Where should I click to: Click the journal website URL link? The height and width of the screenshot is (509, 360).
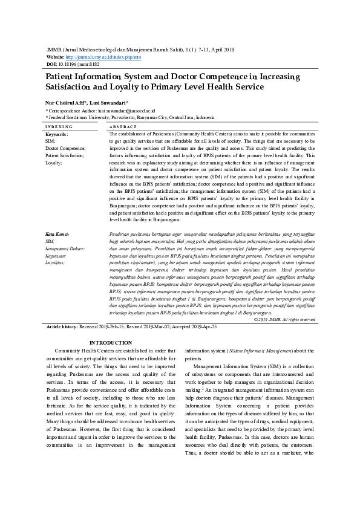[x=107, y=56]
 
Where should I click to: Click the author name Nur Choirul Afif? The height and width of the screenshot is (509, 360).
[x=67, y=103]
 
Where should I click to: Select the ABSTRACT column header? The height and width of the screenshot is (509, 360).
[x=123, y=127]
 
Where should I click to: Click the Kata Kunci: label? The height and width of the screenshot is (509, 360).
[x=58, y=233]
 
